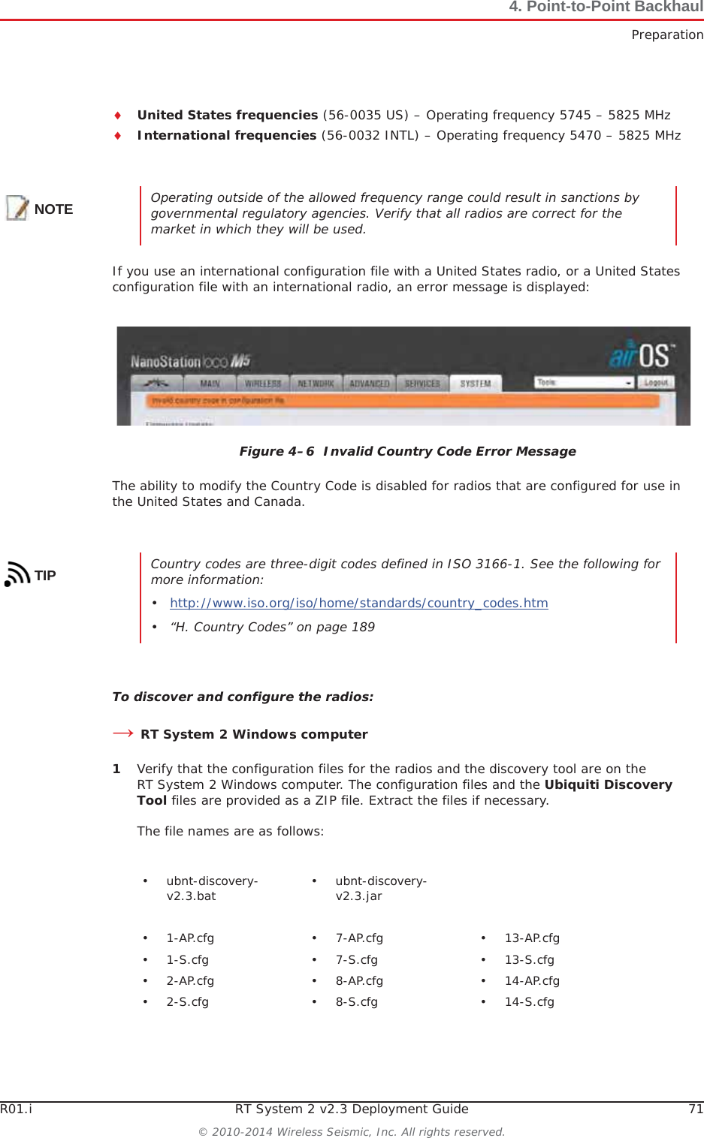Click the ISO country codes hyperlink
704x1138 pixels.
(x=358, y=603)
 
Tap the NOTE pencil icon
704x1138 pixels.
(x=17, y=208)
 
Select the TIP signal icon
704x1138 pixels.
(x=17, y=574)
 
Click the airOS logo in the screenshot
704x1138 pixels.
(x=642, y=355)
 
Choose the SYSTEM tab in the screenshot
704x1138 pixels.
(x=475, y=384)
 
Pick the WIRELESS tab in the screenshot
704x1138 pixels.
(x=263, y=384)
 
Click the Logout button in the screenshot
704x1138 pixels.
(x=656, y=382)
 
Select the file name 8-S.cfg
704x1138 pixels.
(x=357, y=1001)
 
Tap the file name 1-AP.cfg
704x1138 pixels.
(x=190, y=938)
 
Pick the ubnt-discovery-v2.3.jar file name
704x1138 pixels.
(x=381, y=888)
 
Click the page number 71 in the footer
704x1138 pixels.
(x=696, y=1109)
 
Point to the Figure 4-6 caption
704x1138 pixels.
(x=407, y=451)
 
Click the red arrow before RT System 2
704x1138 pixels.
(x=122, y=733)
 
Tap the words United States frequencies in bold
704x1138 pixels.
(x=228, y=115)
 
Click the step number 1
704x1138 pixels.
(x=116, y=769)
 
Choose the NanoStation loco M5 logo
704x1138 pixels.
(x=190, y=362)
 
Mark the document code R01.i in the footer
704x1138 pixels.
(x=16, y=1109)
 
